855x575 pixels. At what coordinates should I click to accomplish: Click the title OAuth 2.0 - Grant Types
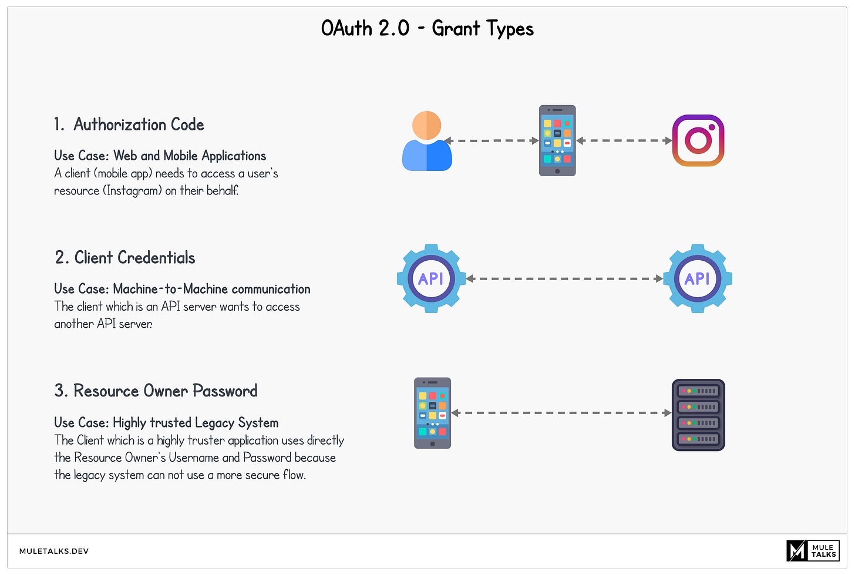[427, 29]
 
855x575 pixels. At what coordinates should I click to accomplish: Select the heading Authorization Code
[129, 125]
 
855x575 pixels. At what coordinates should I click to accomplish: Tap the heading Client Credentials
[125, 258]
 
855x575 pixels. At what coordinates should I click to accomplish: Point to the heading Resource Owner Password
[156, 391]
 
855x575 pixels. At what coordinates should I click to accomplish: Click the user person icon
[427, 141]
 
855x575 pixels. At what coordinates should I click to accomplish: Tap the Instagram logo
[698, 140]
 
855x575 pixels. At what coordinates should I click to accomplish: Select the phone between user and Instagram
[557, 140]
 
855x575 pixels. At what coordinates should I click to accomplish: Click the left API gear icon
[431, 279]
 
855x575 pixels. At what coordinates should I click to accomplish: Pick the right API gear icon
[698, 279]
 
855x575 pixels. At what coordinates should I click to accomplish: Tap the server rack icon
[698, 415]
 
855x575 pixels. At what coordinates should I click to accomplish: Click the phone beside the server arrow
[432, 413]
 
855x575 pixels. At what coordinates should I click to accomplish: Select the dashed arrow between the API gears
[564, 279]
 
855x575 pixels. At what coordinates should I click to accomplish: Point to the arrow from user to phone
[492, 141]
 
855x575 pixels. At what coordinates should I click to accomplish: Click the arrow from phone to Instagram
[624, 141]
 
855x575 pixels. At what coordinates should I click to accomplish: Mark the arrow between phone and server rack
[561, 413]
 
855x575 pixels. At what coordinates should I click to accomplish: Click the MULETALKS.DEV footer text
[54, 551]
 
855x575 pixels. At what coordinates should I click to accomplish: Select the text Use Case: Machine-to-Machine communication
[182, 289]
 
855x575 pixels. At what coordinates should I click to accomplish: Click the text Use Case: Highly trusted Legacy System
[166, 423]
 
